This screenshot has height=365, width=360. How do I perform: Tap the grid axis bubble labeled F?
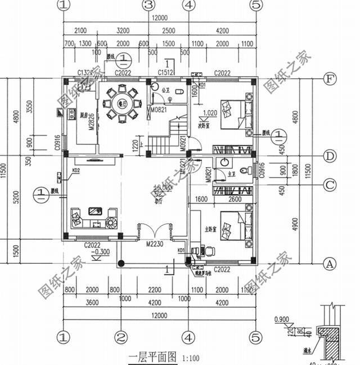click(330, 79)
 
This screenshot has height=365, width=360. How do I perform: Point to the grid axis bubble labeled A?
click(330, 262)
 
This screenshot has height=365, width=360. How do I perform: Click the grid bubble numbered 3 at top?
click(148, 6)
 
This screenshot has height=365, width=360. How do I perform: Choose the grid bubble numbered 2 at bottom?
click(120, 337)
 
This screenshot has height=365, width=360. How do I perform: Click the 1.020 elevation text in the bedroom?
click(209, 112)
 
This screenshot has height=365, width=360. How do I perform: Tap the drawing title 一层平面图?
click(153, 357)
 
